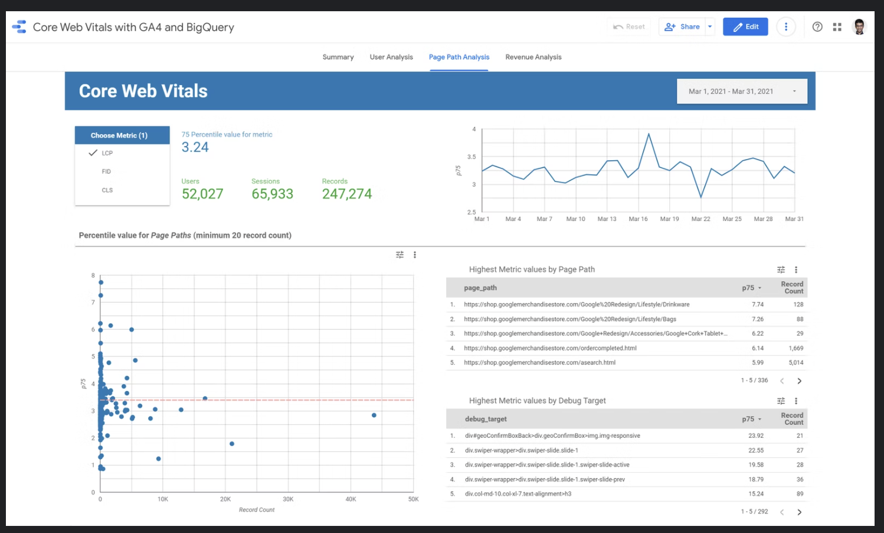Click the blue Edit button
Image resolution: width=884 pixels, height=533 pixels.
point(745,27)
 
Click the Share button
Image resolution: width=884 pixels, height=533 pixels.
point(683,27)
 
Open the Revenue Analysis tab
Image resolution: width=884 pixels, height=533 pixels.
point(533,57)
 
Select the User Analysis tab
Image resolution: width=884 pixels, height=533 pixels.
point(391,57)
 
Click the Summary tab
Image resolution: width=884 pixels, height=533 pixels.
point(338,57)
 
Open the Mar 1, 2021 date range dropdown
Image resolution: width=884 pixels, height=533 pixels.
point(742,92)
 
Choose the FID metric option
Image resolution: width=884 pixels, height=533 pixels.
point(106,172)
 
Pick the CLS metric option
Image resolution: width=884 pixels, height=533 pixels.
point(107,190)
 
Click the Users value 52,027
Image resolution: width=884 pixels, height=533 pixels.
point(202,194)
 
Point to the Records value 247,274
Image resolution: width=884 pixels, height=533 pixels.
point(347,194)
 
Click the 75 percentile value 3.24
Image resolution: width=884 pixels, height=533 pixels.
point(195,147)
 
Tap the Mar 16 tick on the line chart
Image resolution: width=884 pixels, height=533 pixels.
point(638,219)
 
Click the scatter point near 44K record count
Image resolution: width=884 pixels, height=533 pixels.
point(374,415)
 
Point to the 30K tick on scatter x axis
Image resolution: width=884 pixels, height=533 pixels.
point(288,499)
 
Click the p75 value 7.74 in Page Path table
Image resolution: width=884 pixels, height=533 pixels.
point(757,305)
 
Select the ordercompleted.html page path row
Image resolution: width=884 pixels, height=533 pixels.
point(550,349)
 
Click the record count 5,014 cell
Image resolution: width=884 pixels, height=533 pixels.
point(795,363)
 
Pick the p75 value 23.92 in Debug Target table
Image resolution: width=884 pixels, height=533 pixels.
point(756,436)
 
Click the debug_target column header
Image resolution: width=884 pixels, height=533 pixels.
point(486,419)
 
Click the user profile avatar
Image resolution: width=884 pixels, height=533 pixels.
point(859,27)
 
